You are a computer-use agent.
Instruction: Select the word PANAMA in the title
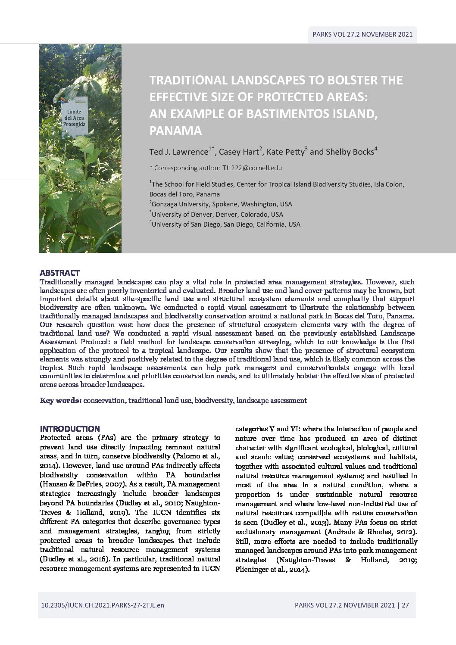(x=175, y=131)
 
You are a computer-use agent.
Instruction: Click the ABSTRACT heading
(x=59, y=273)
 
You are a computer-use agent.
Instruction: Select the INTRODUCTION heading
(x=70, y=429)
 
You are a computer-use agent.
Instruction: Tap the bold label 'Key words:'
(x=61, y=400)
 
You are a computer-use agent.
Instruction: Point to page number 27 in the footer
(x=405, y=605)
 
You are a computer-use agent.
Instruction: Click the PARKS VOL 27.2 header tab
(x=362, y=34)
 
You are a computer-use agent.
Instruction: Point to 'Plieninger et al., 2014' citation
(x=272, y=569)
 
